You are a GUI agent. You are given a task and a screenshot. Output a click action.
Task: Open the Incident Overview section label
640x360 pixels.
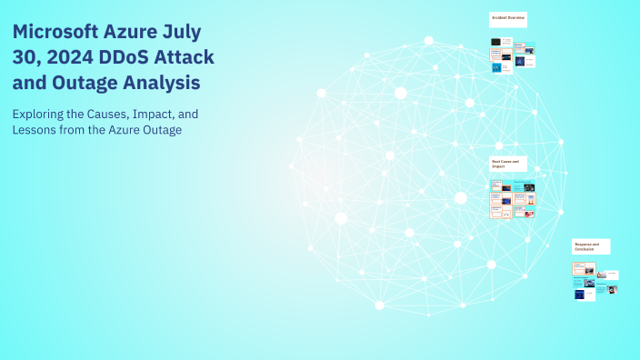click(508, 18)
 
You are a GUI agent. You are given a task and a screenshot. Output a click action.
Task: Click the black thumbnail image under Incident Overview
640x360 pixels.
click(496, 42)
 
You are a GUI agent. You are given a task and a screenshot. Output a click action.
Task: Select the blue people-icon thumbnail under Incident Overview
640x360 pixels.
click(496, 67)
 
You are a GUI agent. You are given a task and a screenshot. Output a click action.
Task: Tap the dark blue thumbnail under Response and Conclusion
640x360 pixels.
click(578, 294)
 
